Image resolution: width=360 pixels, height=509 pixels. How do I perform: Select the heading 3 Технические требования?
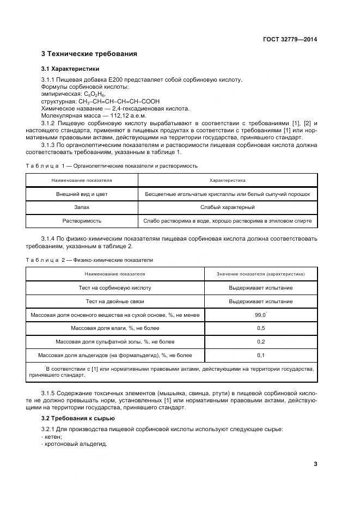pos(89,54)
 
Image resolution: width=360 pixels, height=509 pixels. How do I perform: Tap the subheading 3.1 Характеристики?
pos(70,70)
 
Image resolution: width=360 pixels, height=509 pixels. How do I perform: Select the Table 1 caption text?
pos(112,165)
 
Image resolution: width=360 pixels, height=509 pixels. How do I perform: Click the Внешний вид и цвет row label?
pos(82,194)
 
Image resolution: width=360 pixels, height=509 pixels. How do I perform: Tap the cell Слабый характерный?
pos(227,207)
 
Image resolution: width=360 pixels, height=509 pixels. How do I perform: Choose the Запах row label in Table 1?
pos(82,207)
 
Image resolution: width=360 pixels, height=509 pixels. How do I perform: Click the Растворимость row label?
pos(82,221)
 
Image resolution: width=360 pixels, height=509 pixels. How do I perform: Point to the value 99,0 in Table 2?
pos(260,315)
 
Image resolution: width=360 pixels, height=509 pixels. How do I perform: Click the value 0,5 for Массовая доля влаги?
pos(260,328)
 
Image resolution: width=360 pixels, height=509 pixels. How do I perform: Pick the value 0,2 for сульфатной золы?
pos(260,342)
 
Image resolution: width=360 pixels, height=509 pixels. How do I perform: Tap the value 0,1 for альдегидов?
pos(260,355)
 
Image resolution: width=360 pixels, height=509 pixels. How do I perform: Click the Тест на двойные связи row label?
pos(115,301)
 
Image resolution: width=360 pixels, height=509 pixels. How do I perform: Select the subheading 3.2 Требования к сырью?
pos(78,418)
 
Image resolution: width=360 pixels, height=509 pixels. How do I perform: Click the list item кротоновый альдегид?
pos(76,444)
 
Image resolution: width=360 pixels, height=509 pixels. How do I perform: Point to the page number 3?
pos(315,464)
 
